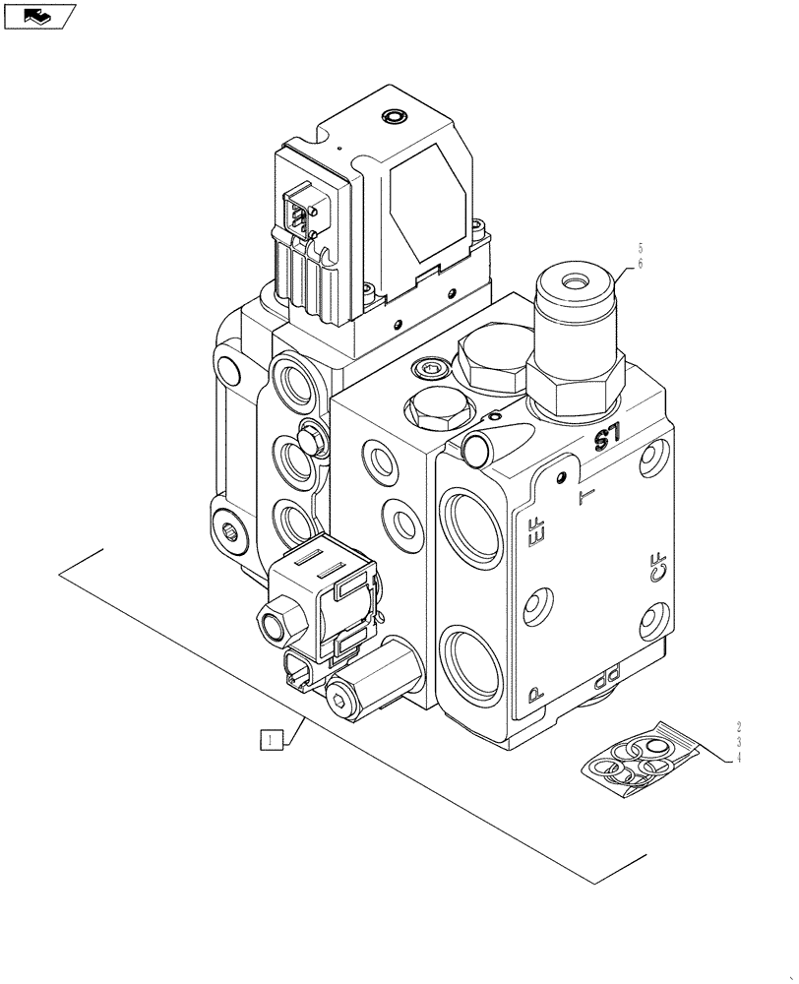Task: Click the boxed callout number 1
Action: coord(273,739)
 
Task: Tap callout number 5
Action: coord(640,248)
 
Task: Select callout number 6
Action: coord(640,264)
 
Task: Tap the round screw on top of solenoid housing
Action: coord(398,116)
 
